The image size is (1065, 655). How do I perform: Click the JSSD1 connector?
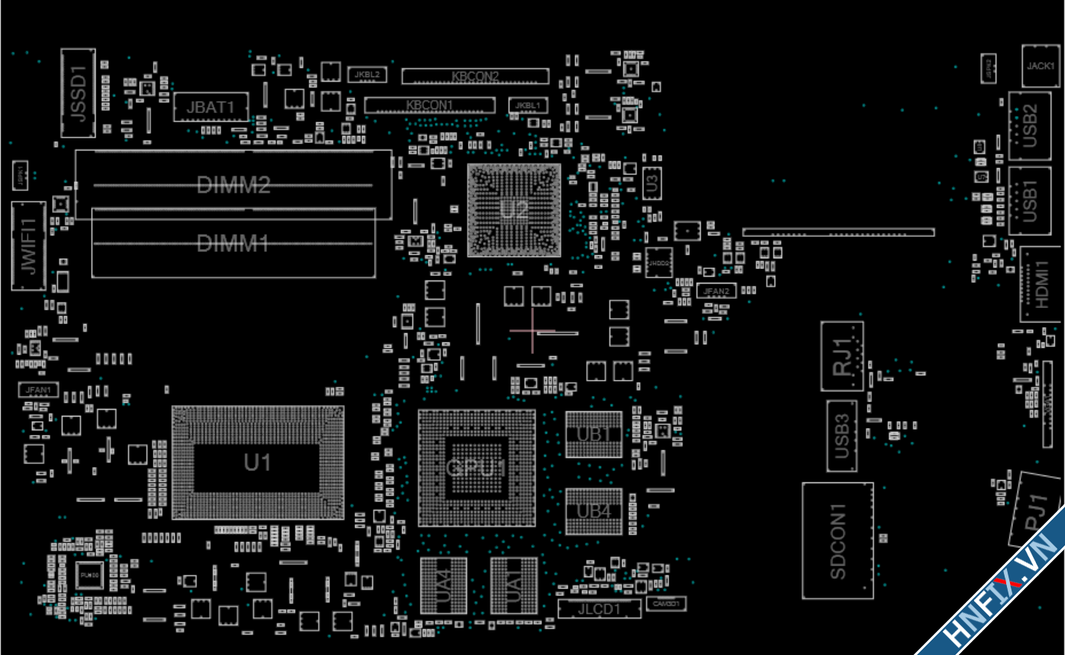[x=79, y=92]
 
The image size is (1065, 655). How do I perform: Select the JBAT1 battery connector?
[x=211, y=108]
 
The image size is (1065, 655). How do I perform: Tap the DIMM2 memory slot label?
[x=233, y=185]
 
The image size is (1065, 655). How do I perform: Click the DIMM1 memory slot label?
[x=233, y=244]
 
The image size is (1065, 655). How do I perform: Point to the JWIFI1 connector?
[x=28, y=246]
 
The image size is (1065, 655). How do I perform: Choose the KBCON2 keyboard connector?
[x=474, y=76]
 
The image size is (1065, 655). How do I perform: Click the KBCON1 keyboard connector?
[x=429, y=105]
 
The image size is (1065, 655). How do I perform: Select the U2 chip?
[x=513, y=209]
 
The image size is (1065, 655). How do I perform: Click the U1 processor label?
[x=257, y=462]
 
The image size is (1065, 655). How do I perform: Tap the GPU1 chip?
[x=477, y=468]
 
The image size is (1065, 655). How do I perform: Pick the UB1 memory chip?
[x=594, y=434]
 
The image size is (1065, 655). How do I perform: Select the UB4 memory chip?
[x=594, y=511]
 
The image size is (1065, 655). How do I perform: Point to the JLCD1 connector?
[x=599, y=609]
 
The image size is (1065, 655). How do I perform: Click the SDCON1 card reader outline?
[x=837, y=540]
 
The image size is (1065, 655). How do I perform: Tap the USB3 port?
[x=841, y=436]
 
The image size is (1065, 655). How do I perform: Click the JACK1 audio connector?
[x=1041, y=66]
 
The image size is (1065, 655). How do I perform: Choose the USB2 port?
[x=1029, y=125]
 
